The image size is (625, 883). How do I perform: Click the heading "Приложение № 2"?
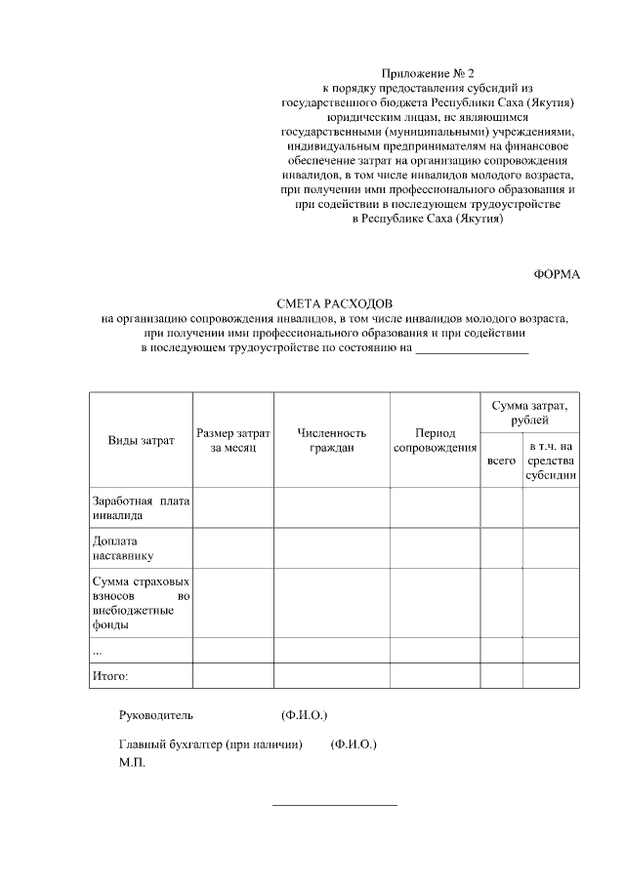tap(427, 73)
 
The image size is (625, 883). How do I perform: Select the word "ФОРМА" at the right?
tap(557, 274)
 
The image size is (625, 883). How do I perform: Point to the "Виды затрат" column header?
tap(141, 440)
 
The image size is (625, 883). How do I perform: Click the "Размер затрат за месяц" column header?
tap(232, 440)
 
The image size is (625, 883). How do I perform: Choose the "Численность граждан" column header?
tap(331, 440)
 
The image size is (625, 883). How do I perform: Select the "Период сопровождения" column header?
tap(435, 440)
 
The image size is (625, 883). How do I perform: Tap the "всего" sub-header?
tap(501, 460)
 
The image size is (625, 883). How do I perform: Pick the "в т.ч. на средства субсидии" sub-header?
tap(551, 460)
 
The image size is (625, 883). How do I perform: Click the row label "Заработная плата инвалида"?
tap(141, 507)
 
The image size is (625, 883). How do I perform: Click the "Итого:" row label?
tap(110, 674)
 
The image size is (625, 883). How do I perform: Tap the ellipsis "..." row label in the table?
tap(97, 649)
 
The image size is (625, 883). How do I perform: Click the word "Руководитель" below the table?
tap(156, 715)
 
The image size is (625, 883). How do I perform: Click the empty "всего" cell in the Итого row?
tap(501, 674)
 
